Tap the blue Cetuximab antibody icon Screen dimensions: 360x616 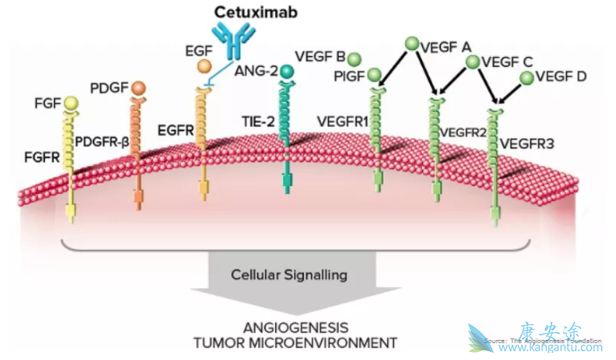click(x=232, y=41)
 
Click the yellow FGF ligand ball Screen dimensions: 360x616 click(x=71, y=104)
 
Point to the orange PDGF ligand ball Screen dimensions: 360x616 click(x=138, y=88)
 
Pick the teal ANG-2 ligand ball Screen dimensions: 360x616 click(x=287, y=71)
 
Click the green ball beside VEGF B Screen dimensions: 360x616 click(x=354, y=58)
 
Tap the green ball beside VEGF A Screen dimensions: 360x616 click(x=411, y=44)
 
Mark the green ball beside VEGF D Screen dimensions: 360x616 click(x=527, y=77)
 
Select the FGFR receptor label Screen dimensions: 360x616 click(x=41, y=156)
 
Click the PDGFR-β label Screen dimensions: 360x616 click(x=102, y=142)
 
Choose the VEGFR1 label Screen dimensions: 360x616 click(x=342, y=122)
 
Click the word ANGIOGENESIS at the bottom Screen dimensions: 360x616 click(x=295, y=328)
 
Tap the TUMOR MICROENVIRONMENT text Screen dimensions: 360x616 click(x=295, y=343)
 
